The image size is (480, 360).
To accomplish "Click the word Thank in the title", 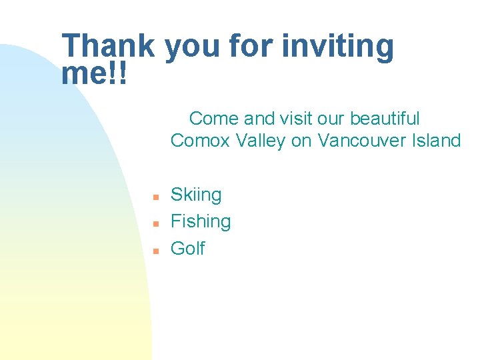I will click(x=109, y=47).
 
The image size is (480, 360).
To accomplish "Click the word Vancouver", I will click(x=360, y=141).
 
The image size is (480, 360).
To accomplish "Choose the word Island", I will click(x=434, y=141).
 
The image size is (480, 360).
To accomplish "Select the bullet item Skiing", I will click(x=196, y=195).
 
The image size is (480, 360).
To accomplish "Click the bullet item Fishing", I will click(x=201, y=222).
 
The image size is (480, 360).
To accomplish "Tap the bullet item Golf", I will click(x=187, y=249).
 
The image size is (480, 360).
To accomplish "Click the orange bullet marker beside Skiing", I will click(x=154, y=197).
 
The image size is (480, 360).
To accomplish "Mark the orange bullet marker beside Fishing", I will click(x=154, y=224).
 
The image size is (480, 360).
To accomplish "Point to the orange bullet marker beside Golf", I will click(x=154, y=251).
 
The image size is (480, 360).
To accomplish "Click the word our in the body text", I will click(x=329, y=119).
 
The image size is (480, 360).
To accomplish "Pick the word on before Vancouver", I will click(x=303, y=141).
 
